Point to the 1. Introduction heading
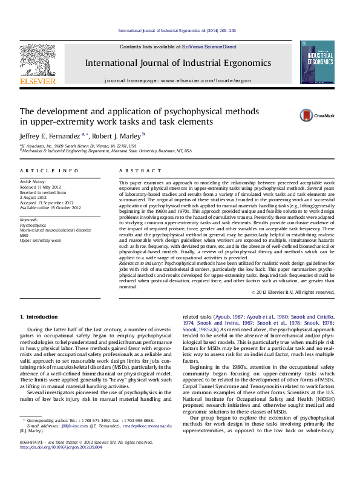click(39, 317)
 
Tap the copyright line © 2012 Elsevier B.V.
click(293, 292)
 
